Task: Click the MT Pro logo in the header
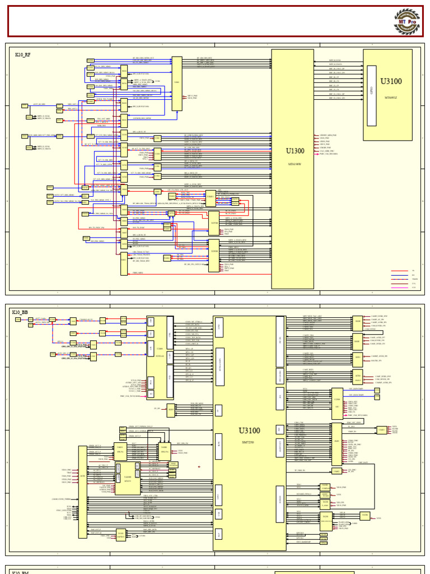tap(406, 21)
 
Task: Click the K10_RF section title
tap(23, 55)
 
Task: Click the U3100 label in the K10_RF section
tap(391, 81)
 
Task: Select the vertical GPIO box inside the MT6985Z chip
tap(371, 95)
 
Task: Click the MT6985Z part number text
tap(391, 96)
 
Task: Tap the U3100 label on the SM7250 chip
tap(249, 430)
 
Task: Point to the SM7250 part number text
tap(249, 442)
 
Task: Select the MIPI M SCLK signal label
tap(335, 60)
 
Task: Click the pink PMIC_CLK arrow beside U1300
tap(317, 154)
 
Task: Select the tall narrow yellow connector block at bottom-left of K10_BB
tap(82, 492)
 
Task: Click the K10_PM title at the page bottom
tap(20, 572)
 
